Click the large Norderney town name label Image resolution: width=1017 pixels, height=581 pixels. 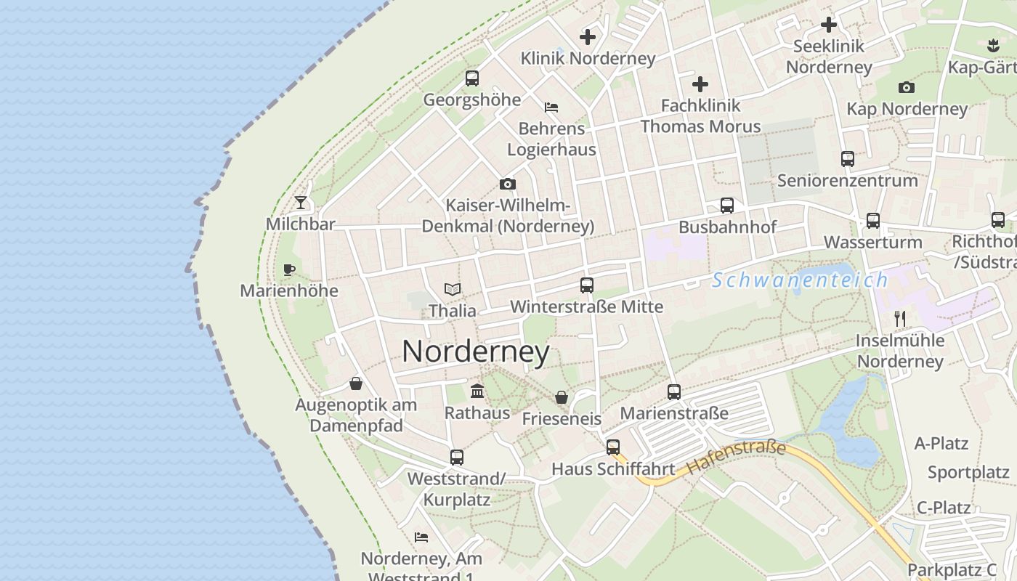tap(476, 352)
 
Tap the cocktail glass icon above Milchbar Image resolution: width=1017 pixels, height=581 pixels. tap(301, 203)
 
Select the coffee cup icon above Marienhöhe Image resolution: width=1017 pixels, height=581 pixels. tap(289, 270)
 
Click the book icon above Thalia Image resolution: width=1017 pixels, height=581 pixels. tap(453, 289)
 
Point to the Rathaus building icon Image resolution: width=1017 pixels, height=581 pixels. tap(477, 391)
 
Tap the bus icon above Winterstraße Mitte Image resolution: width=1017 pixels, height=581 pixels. tap(587, 285)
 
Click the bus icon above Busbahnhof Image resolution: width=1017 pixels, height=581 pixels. tap(727, 206)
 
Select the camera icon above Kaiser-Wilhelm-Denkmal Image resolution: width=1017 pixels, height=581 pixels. tap(508, 184)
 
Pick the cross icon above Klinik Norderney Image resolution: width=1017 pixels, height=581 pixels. tap(588, 37)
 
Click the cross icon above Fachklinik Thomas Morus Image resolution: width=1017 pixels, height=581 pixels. tap(700, 84)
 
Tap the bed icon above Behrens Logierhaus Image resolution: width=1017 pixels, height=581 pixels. tap(551, 107)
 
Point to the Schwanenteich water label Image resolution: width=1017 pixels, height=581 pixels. tap(800, 280)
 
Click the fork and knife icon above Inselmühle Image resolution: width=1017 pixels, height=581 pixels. tap(900, 318)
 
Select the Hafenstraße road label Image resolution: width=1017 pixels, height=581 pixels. tap(736, 458)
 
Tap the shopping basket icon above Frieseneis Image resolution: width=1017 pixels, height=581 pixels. tap(562, 397)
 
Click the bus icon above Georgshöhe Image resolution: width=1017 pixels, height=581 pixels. tap(472, 78)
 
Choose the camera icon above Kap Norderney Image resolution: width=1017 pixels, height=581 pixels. tap(907, 88)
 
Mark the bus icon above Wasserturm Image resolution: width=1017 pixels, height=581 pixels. tap(873, 221)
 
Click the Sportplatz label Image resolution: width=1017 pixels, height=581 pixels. tap(968, 473)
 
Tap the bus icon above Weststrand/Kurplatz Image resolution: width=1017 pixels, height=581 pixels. tap(456, 458)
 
